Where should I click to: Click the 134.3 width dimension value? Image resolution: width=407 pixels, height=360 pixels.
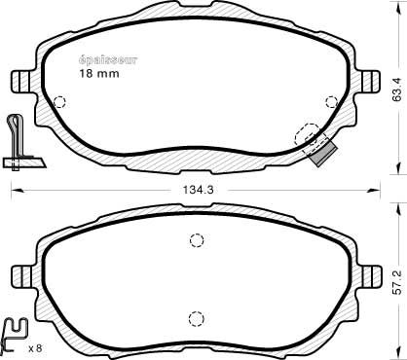pyautogui.click(x=198, y=190)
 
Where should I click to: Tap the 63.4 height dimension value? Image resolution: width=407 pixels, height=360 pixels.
pyautogui.click(x=397, y=90)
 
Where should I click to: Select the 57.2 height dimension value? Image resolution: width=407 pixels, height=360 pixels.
pyautogui.click(x=397, y=282)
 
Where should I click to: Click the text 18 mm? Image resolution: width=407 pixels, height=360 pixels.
pyautogui.click(x=99, y=74)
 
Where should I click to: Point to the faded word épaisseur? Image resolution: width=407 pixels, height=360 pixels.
pyautogui.click(x=108, y=60)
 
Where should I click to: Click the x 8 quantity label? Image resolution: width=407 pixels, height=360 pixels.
pyautogui.click(x=35, y=348)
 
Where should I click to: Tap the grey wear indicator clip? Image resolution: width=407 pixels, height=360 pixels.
pyautogui.click(x=322, y=153)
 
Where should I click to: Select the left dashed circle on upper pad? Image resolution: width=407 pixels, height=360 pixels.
pyautogui.click(x=59, y=102)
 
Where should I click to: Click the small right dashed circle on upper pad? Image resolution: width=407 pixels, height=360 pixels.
pyautogui.click(x=332, y=102)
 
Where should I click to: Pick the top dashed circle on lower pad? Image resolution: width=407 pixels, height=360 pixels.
pyautogui.click(x=197, y=240)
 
